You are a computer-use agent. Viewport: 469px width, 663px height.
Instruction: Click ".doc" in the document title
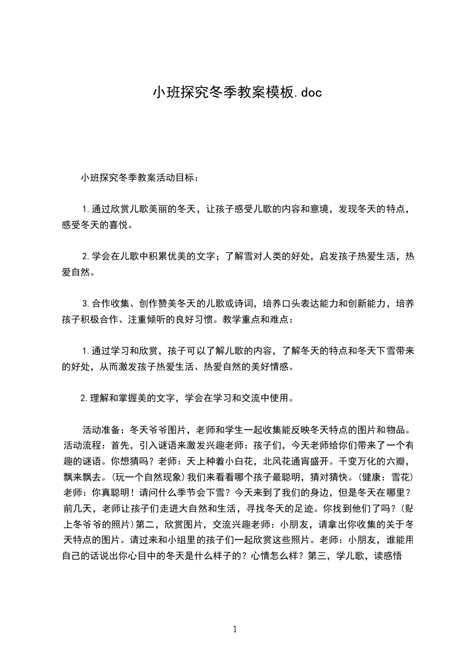(x=308, y=92)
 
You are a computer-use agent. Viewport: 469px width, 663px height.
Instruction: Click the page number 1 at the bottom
(x=235, y=629)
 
